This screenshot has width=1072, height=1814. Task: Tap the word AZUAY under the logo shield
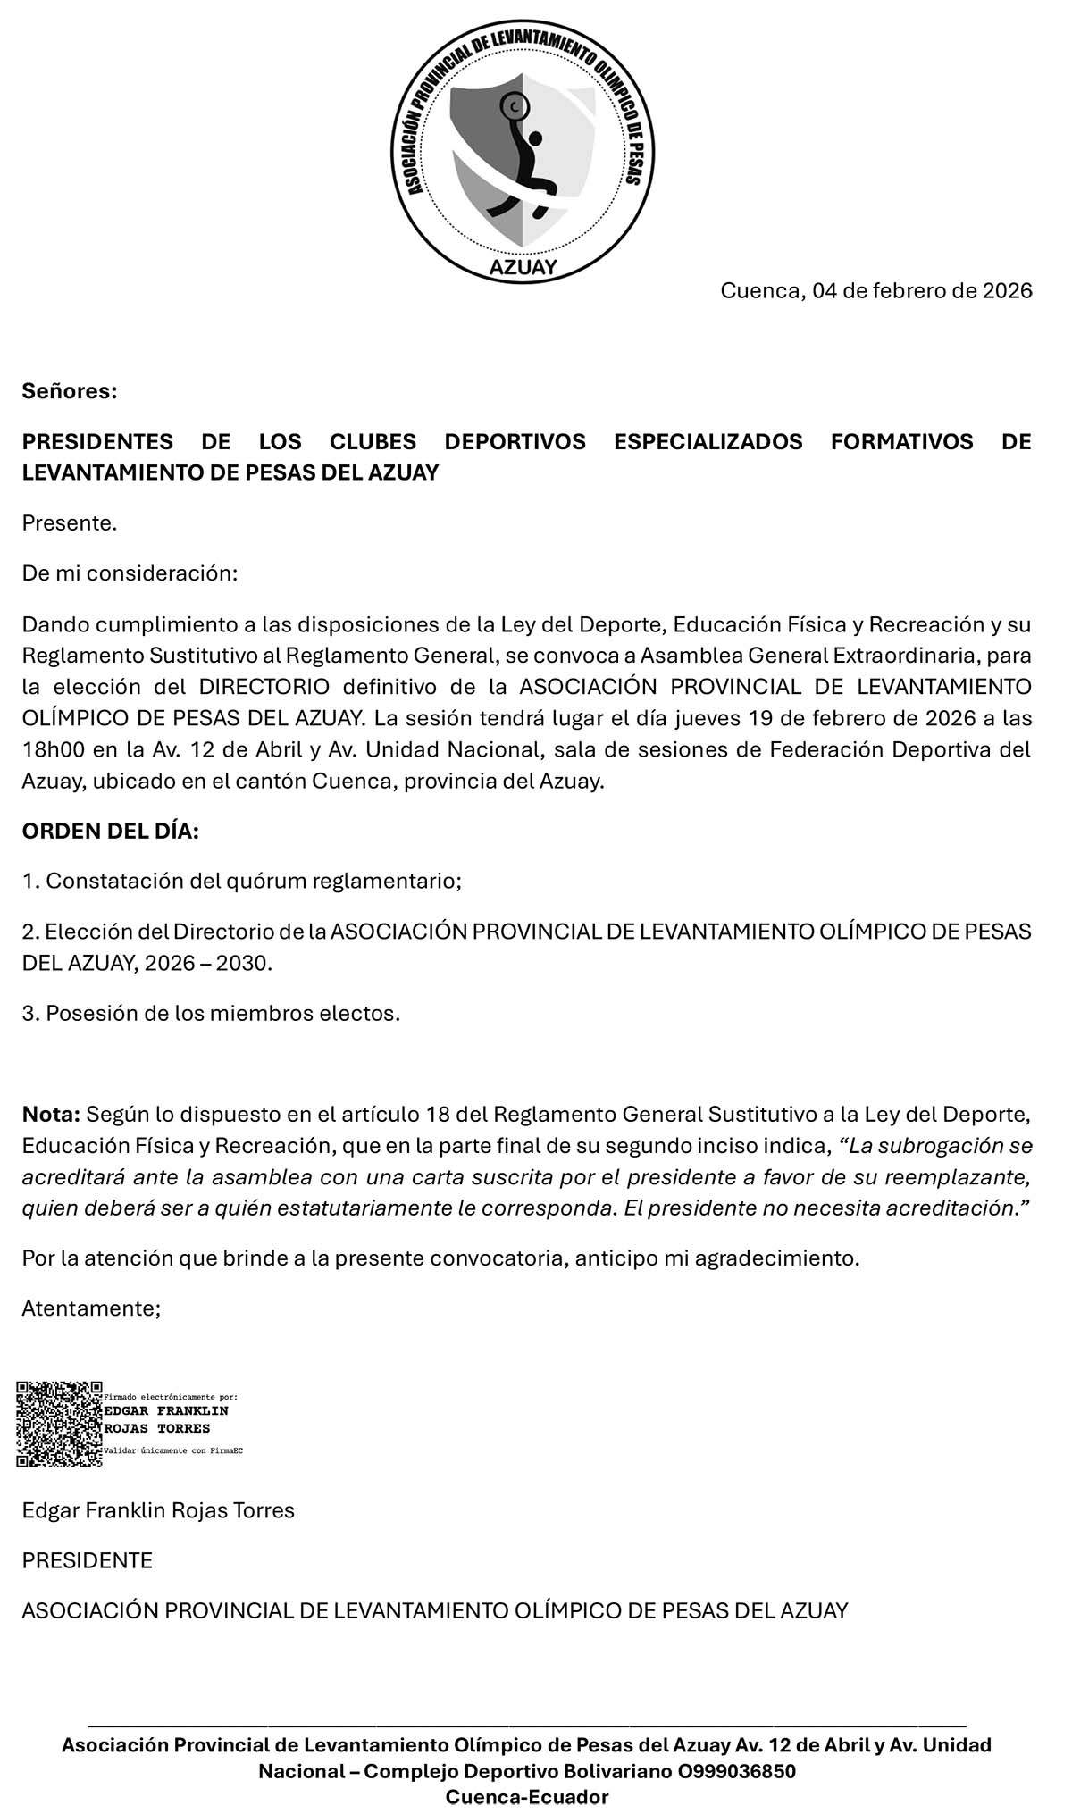pos(523,267)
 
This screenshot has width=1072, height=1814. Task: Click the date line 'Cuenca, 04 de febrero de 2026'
pos(875,291)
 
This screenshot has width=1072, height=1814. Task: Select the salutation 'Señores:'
pos(70,391)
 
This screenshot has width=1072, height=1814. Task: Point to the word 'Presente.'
pos(70,523)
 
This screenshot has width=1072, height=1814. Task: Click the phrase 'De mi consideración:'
pos(130,573)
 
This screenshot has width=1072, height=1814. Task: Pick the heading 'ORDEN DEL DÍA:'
pos(110,831)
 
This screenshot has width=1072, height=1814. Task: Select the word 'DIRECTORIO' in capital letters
pos(264,687)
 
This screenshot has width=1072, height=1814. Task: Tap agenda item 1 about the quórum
pos(241,881)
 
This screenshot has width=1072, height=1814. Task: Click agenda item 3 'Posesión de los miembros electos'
pos(211,1013)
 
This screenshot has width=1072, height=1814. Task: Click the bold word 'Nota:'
pos(52,1115)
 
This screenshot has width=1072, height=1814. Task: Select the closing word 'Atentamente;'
pos(91,1308)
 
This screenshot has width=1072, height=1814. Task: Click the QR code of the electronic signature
pos(59,1425)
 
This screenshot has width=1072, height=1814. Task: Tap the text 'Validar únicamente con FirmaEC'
pos(173,1451)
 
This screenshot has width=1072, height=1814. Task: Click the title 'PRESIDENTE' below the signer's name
pos(88,1560)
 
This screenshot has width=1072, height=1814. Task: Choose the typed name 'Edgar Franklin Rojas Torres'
pos(158,1510)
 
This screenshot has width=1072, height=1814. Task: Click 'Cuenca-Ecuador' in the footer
pos(527,1797)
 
